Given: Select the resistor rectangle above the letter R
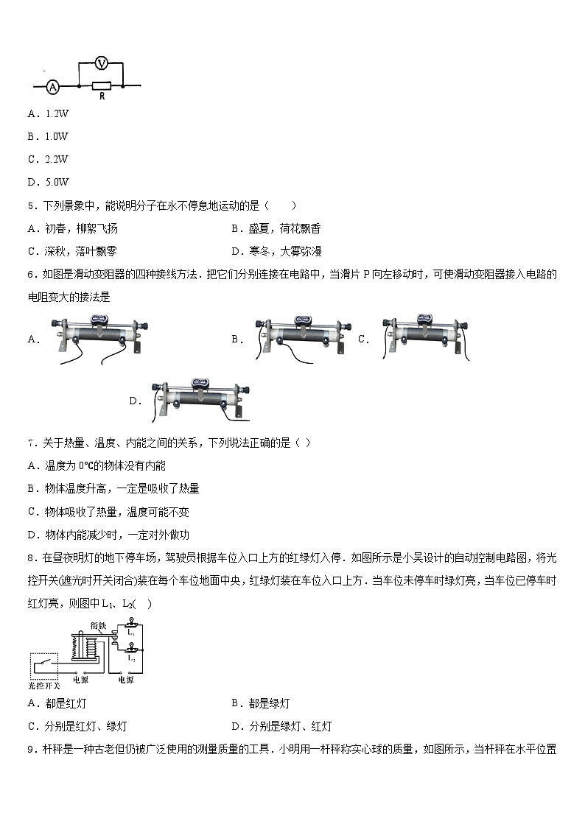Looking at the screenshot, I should point(101,86).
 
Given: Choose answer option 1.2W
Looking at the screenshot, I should point(47,113).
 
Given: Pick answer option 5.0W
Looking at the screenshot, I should point(47,182).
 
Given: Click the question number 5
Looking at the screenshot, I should point(30,205).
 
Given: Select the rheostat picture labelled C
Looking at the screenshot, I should point(423,336).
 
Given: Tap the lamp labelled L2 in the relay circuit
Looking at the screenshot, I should point(130,649).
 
